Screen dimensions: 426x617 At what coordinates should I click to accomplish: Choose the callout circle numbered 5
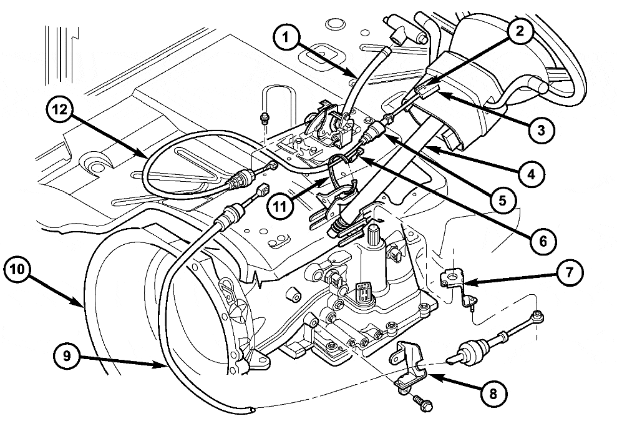click(502, 199)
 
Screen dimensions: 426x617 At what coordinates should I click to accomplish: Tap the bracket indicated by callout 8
click(409, 365)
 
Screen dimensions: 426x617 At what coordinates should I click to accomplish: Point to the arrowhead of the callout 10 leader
click(82, 306)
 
